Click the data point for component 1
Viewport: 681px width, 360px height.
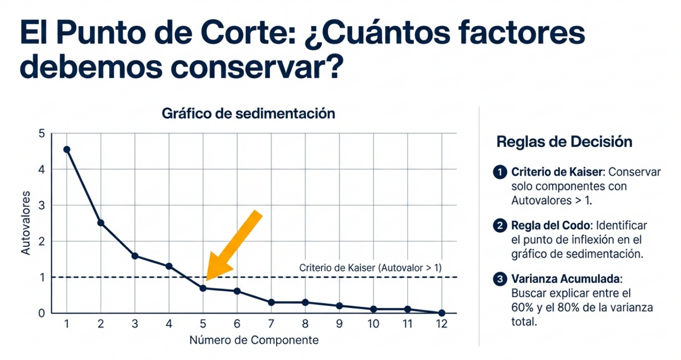click(x=67, y=150)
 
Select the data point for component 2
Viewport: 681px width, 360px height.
click(x=101, y=222)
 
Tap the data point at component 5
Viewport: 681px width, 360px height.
click(x=203, y=288)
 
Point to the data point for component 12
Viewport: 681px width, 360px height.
click(x=442, y=313)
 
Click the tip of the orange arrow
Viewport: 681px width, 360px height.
click(x=207, y=279)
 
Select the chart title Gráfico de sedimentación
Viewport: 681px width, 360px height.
click(x=248, y=114)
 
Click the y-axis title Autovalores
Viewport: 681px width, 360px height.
click(x=26, y=223)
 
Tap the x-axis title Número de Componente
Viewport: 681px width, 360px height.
click(x=254, y=340)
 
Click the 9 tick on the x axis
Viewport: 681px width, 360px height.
click(x=339, y=324)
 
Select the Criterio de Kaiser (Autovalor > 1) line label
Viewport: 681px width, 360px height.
click(x=370, y=268)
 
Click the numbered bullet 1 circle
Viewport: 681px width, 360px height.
click(x=500, y=172)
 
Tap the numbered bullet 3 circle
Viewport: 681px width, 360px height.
click(x=500, y=279)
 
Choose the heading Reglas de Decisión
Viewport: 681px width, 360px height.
click(x=564, y=142)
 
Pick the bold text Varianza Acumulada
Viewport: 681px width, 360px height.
click(x=566, y=279)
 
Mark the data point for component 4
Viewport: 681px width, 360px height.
click(x=169, y=266)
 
